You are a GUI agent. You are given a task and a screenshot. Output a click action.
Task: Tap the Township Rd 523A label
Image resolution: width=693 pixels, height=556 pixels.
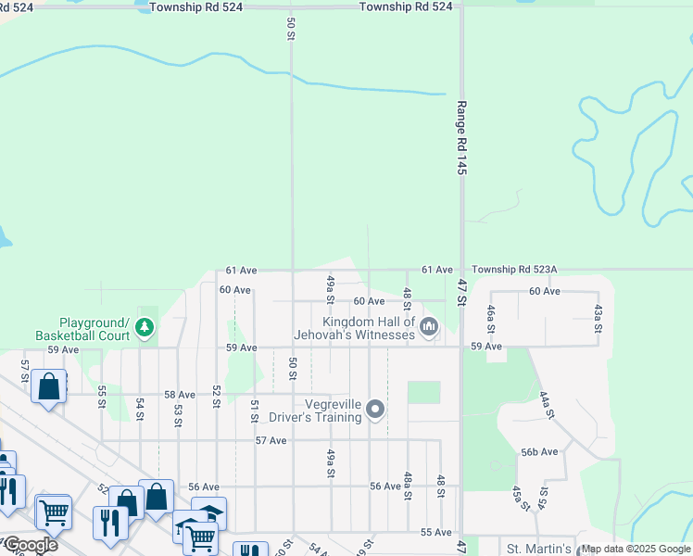coord(514,269)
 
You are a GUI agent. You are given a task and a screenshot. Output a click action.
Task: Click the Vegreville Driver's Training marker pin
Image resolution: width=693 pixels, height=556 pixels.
coord(375,409)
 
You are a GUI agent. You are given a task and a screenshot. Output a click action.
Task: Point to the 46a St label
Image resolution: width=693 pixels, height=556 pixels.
coord(491,317)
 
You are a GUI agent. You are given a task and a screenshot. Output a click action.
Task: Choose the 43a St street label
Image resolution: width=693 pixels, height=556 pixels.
coord(598,317)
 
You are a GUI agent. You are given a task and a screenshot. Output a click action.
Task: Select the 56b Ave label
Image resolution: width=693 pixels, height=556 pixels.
coord(539,452)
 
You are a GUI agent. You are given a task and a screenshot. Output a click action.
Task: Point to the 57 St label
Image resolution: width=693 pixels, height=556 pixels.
coord(25,371)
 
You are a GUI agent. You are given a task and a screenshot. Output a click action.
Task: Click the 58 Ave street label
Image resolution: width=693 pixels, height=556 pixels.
coord(180,394)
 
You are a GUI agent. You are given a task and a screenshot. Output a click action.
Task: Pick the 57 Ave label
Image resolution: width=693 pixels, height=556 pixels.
coord(271,440)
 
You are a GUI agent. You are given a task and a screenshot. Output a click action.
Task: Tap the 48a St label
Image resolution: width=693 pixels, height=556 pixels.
coord(408,486)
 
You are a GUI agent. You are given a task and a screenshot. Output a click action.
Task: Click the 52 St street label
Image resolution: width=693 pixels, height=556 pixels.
coord(216,396)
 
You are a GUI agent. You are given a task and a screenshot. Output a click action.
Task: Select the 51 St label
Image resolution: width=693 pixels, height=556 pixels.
coord(254,411)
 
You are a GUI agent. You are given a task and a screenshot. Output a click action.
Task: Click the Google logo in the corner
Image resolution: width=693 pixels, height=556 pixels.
coord(30,545)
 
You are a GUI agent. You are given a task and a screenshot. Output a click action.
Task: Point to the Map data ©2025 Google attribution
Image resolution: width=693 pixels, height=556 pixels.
coord(636,549)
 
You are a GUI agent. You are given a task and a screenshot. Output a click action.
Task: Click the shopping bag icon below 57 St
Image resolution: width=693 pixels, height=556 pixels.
coord(48,386)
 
